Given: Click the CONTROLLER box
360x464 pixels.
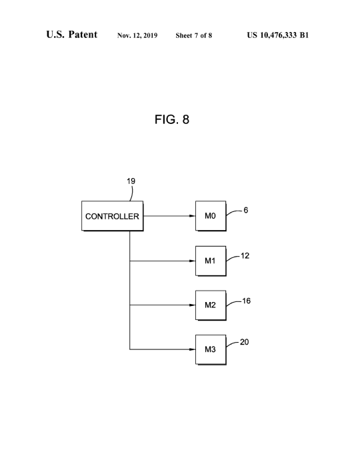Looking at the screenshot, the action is [113, 216].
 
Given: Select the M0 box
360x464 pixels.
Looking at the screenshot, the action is [211, 216].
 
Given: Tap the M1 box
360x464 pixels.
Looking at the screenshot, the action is [211, 261].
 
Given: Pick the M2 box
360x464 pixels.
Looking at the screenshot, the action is [211, 305].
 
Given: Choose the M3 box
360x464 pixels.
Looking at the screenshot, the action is [211, 350].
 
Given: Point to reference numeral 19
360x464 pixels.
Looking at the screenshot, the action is [131, 181].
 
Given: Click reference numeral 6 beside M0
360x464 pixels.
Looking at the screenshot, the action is [246, 210].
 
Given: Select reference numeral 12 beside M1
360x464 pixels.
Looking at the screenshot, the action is [245, 256].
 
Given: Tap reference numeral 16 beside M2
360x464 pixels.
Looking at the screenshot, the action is [246, 301].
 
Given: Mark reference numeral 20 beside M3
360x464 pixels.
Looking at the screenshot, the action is [245, 342].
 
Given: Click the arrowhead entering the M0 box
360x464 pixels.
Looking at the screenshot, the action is [192, 216].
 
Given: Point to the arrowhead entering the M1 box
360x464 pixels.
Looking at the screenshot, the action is [192, 261].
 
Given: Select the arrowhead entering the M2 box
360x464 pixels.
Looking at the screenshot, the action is [192, 305].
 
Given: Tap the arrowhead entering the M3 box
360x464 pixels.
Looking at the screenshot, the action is [192, 349].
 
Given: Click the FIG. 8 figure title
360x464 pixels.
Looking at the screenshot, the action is [172, 119].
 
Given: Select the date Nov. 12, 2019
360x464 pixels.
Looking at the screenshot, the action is [137, 35].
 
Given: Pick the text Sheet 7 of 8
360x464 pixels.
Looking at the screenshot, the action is [194, 35].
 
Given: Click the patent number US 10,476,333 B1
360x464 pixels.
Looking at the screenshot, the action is [278, 35].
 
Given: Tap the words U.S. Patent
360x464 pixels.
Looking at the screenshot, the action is [71, 34].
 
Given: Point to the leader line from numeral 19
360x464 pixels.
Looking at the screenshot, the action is [132, 193].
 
